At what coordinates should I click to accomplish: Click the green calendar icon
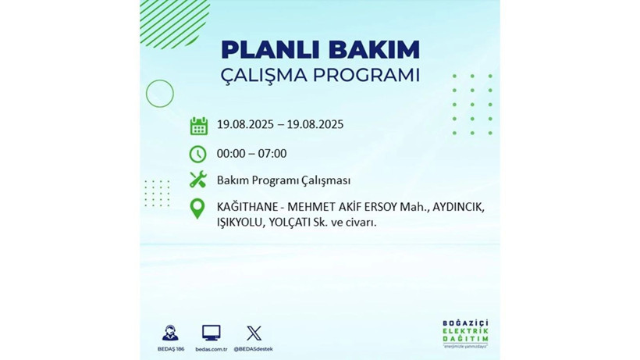[198, 126]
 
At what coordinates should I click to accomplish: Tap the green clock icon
[198, 154]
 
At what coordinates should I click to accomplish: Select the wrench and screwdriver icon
[198, 180]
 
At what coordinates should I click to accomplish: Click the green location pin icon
[198, 208]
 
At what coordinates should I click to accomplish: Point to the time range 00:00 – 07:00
[251, 154]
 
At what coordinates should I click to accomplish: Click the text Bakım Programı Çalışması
[283, 180]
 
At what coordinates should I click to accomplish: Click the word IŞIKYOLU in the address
[240, 223]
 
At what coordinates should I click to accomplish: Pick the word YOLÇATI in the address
[293, 223]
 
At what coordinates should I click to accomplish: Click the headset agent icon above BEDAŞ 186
[169, 333]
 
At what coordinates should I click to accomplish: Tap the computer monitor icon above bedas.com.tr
[211, 333]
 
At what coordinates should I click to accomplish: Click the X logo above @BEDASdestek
[254, 333]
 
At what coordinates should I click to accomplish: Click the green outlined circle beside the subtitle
[160, 94]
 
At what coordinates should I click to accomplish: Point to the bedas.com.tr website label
[211, 348]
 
